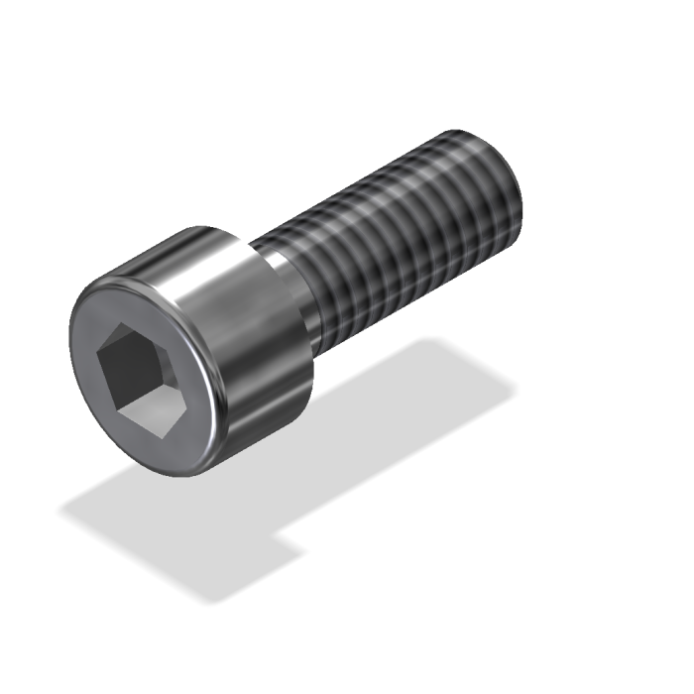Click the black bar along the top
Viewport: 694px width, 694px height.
click(347, 40)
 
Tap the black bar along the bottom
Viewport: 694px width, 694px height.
click(347, 654)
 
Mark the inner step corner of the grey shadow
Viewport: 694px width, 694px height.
click(279, 541)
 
